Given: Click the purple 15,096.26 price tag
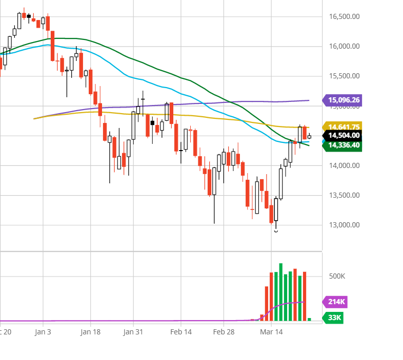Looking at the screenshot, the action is [x=342, y=100].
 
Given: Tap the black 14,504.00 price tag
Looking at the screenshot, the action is [x=342, y=135].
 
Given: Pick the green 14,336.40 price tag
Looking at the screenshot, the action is [x=342, y=145].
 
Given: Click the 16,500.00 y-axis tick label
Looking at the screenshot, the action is [x=345, y=17].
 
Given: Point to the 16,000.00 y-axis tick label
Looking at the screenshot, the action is [x=345, y=46].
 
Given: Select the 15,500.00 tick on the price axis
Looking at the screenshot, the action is [x=345, y=76].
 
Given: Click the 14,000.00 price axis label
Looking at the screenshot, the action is [x=345, y=165].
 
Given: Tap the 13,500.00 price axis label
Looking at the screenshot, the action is [x=345, y=196].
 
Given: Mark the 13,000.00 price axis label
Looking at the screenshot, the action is [x=345, y=225].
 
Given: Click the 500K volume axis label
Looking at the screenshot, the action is [x=337, y=277].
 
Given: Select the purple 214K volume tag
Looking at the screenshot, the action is [x=335, y=302].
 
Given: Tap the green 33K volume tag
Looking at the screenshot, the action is [x=333, y=317].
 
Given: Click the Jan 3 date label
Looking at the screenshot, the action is [x=43, y=332].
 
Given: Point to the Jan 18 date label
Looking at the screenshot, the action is [x=90, y=332].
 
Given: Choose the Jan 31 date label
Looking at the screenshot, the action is [x=133, y=332].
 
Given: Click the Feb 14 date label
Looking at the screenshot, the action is [x=181, y=332].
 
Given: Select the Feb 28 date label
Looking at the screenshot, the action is [x=224, y=332].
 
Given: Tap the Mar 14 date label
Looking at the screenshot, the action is [x=271, y=332].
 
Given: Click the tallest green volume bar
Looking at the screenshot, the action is [x=280, y=292].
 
